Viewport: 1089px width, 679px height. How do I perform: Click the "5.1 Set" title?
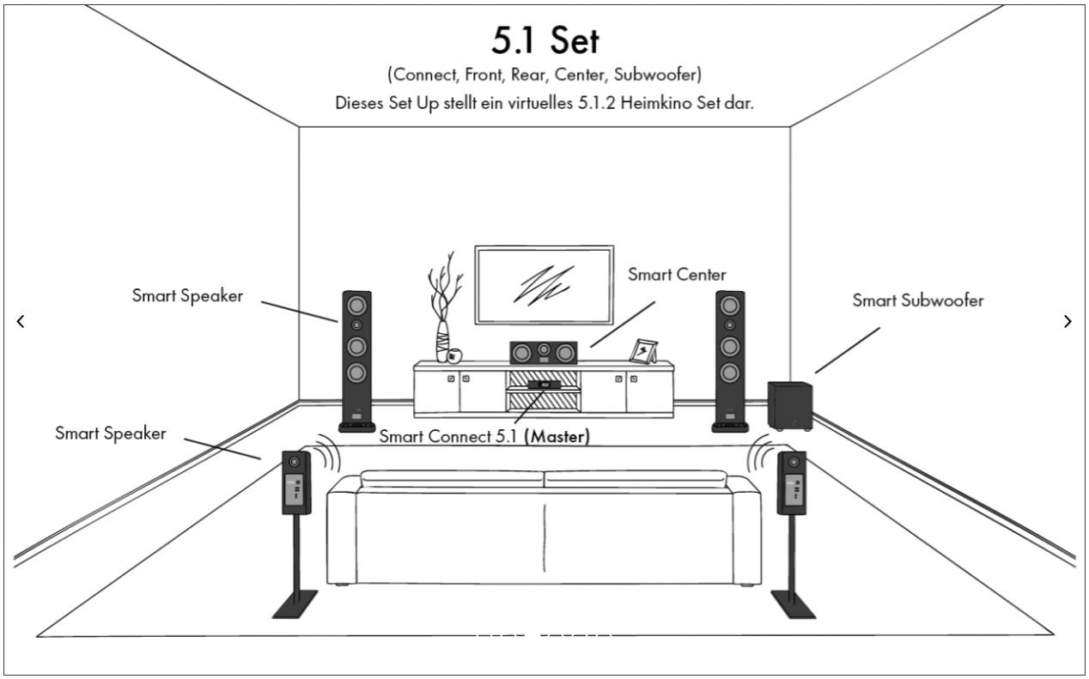point(545,40)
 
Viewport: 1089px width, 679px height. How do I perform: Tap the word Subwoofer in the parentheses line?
point(655,75)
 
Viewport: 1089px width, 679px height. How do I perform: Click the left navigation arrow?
point(21,321)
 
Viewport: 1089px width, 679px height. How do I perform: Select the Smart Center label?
point(677,275)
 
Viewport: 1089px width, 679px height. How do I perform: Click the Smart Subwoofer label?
point(918,300)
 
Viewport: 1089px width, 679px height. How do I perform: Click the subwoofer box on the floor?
point(790,406)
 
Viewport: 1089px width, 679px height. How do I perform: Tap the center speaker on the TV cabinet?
point(544,353)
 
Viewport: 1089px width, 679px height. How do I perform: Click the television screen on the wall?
point(544,285)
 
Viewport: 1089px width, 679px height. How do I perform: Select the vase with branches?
point(443,311)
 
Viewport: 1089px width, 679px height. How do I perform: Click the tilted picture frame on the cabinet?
point(643,351)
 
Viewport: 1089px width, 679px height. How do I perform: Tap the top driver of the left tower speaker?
point(356,306)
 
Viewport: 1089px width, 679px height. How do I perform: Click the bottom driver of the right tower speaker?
point(730,373)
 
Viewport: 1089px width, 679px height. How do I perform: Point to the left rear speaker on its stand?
point(296,534)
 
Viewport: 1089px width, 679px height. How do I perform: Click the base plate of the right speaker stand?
point(793,604)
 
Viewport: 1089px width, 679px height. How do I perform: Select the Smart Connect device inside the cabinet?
point(544,385)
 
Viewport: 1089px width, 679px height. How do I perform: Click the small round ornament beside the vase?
point(454,356)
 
